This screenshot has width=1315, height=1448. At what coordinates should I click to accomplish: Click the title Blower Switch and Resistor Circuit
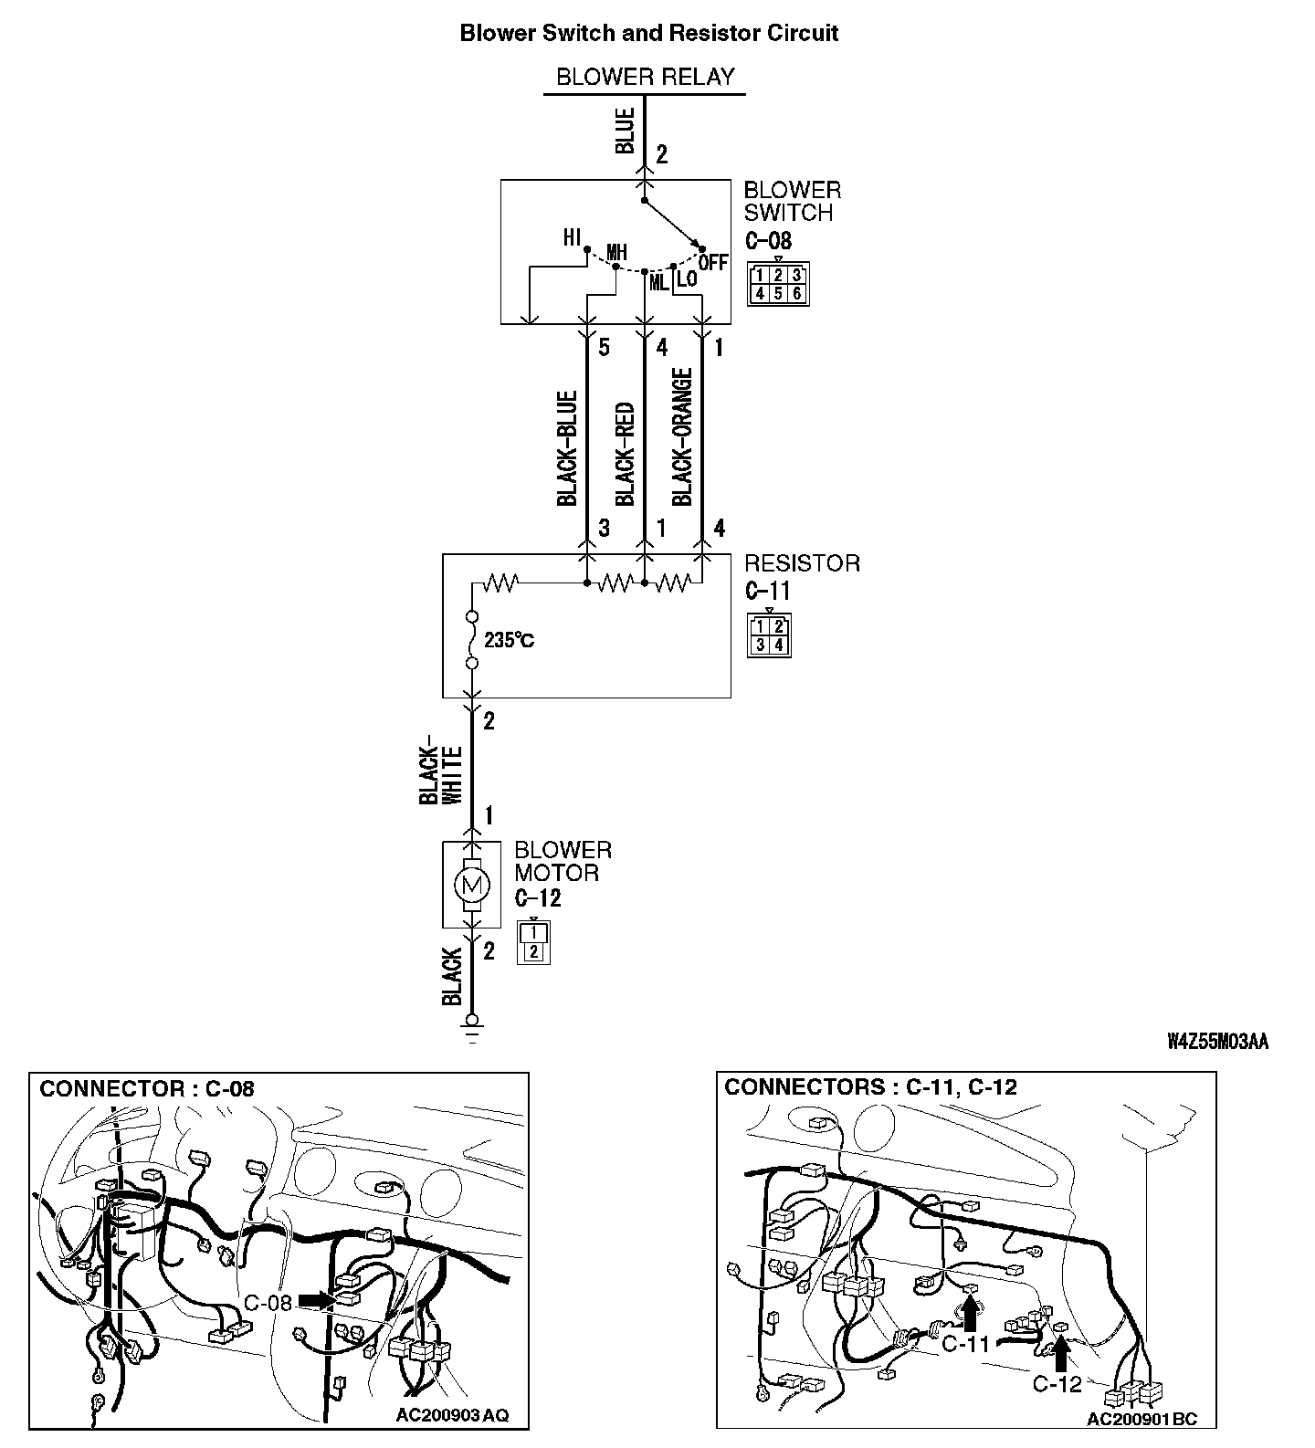tap(649, 34)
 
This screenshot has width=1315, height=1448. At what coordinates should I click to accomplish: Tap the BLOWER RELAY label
tap(645, 77)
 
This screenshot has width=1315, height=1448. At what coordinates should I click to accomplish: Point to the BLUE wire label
tap(626, 131)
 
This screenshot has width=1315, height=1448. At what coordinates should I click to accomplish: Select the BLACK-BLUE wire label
tap(567, 448)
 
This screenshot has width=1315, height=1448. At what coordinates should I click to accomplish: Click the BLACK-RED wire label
tap(625, 453)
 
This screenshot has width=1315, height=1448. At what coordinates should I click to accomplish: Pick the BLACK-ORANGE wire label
tap(682, 436)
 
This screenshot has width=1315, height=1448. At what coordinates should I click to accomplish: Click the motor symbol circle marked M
tap(472, 884)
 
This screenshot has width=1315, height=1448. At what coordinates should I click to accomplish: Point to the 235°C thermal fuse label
tap(510, 640)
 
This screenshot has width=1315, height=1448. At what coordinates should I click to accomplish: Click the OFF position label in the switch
tap(713, 263)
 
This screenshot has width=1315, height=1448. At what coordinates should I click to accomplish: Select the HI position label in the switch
tap(573, 238)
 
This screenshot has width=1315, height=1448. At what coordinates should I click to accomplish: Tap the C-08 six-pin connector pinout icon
tap(778, 284)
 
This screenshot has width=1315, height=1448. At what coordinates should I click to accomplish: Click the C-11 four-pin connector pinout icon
tap(769, 635)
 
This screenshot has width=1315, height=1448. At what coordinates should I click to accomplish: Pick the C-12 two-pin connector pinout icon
tap(534, 942)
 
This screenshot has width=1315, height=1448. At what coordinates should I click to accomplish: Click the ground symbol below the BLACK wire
tap(472, 1029)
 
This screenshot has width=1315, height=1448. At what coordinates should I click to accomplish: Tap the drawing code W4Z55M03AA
tap(1218, 1042)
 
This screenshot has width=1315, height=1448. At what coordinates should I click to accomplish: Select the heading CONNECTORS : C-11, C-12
tap(870, 1087)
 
